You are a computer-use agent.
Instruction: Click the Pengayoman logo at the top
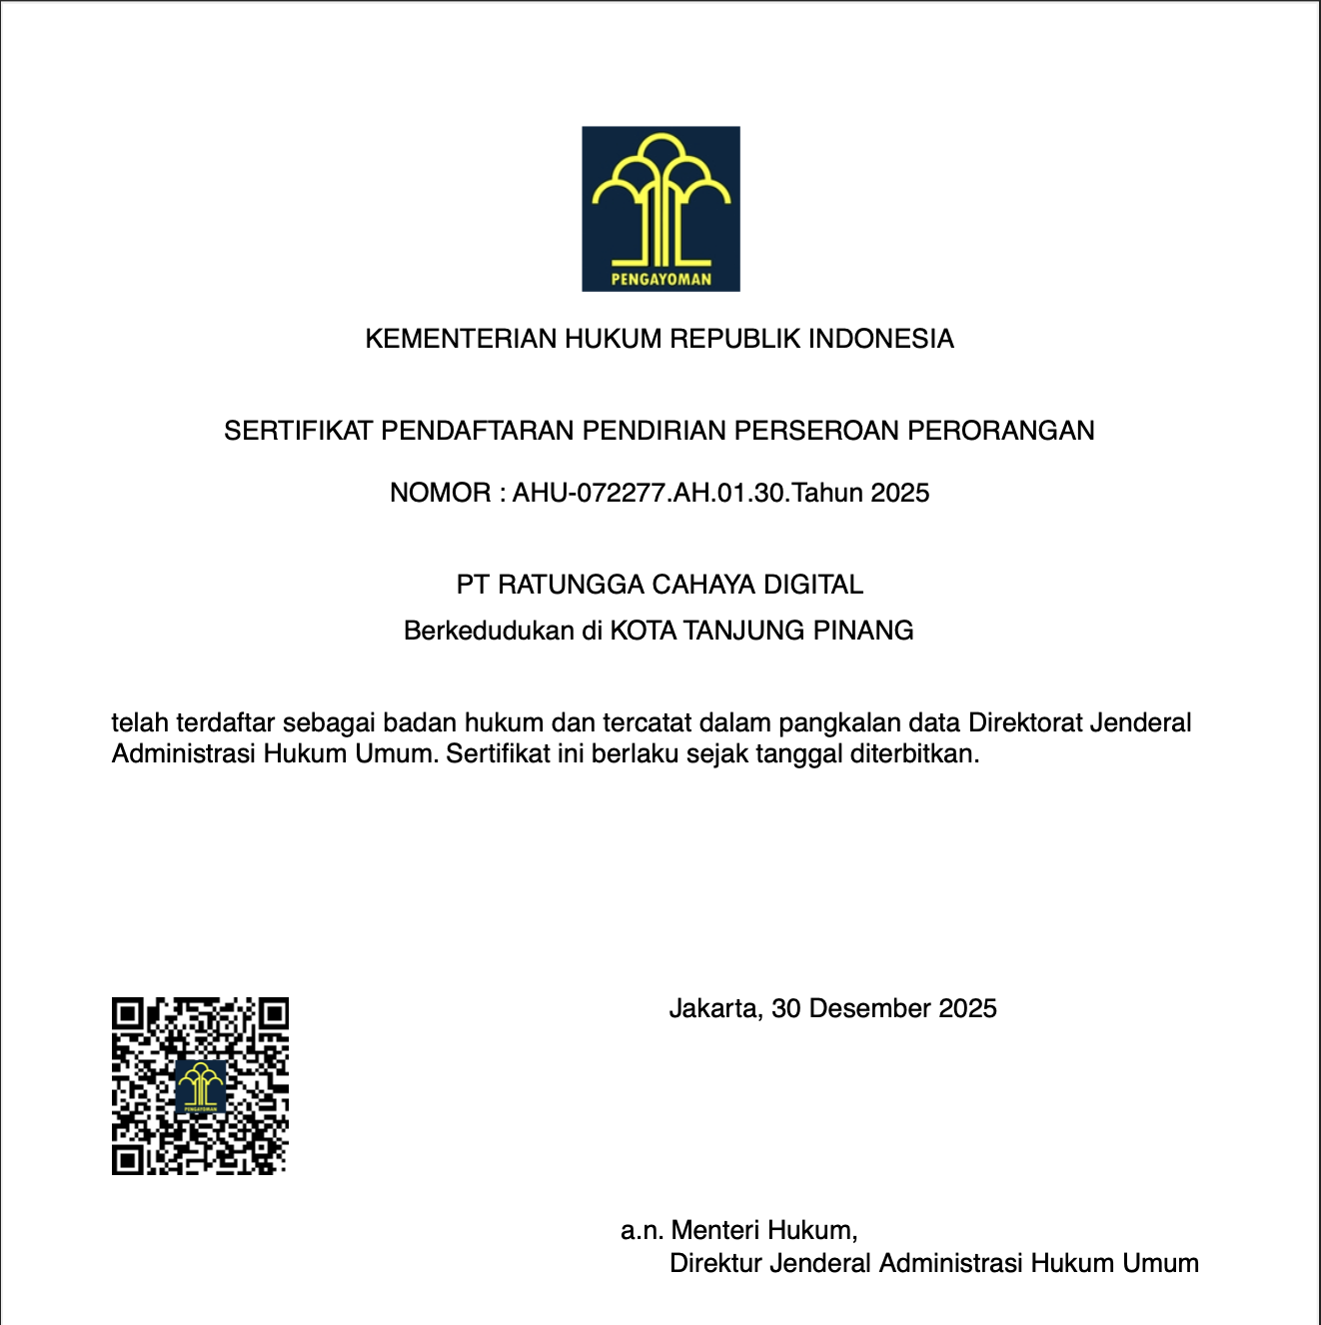tap(660, 208)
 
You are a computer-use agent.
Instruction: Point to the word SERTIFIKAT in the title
tap(299, 431)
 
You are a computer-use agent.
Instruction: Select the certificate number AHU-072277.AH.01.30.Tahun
tap(687, 493)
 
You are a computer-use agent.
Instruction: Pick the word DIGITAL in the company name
tap(813, 585)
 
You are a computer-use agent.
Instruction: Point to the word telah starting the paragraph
tap(140, 722)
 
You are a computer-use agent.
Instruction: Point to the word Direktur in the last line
tap(718, 1263)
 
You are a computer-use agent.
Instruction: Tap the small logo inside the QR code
tap(201, 1087)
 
